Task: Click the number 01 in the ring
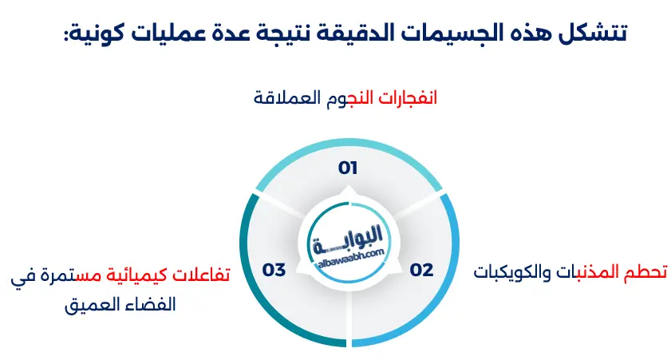[x=347, y=168]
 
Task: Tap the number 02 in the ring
[x=421, y=270]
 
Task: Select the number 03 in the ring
[x=274, y=270]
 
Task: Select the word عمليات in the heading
[x=168, y=34]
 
